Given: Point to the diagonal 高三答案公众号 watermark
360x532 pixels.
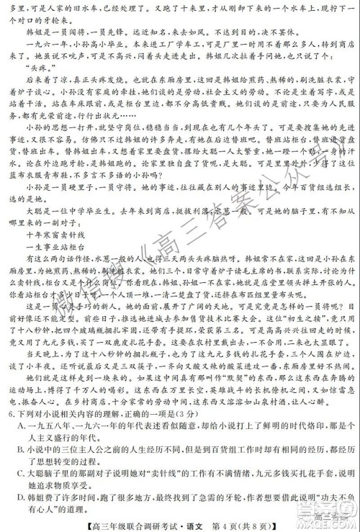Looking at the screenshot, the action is pyautogui.click(x=180, y=238).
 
